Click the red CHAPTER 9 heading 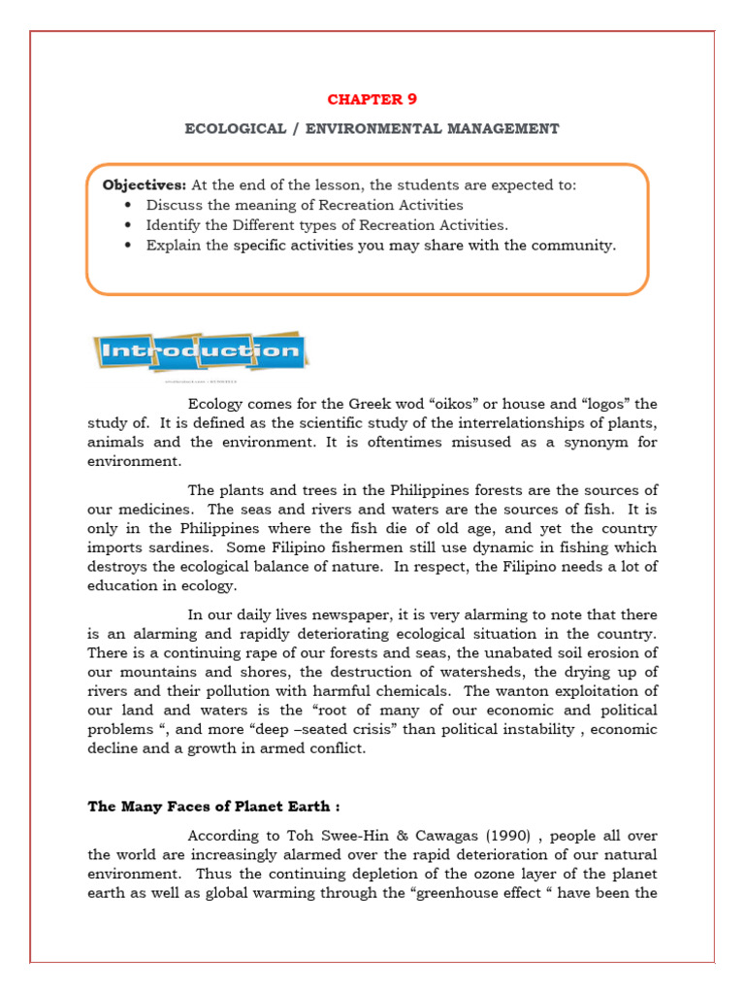pos(372,99)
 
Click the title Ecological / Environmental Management pos(372,128)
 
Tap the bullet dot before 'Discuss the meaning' pos(129,206)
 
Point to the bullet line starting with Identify pos(326,225)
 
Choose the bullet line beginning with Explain pos(380,246)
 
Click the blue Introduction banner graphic pos(200,351)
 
